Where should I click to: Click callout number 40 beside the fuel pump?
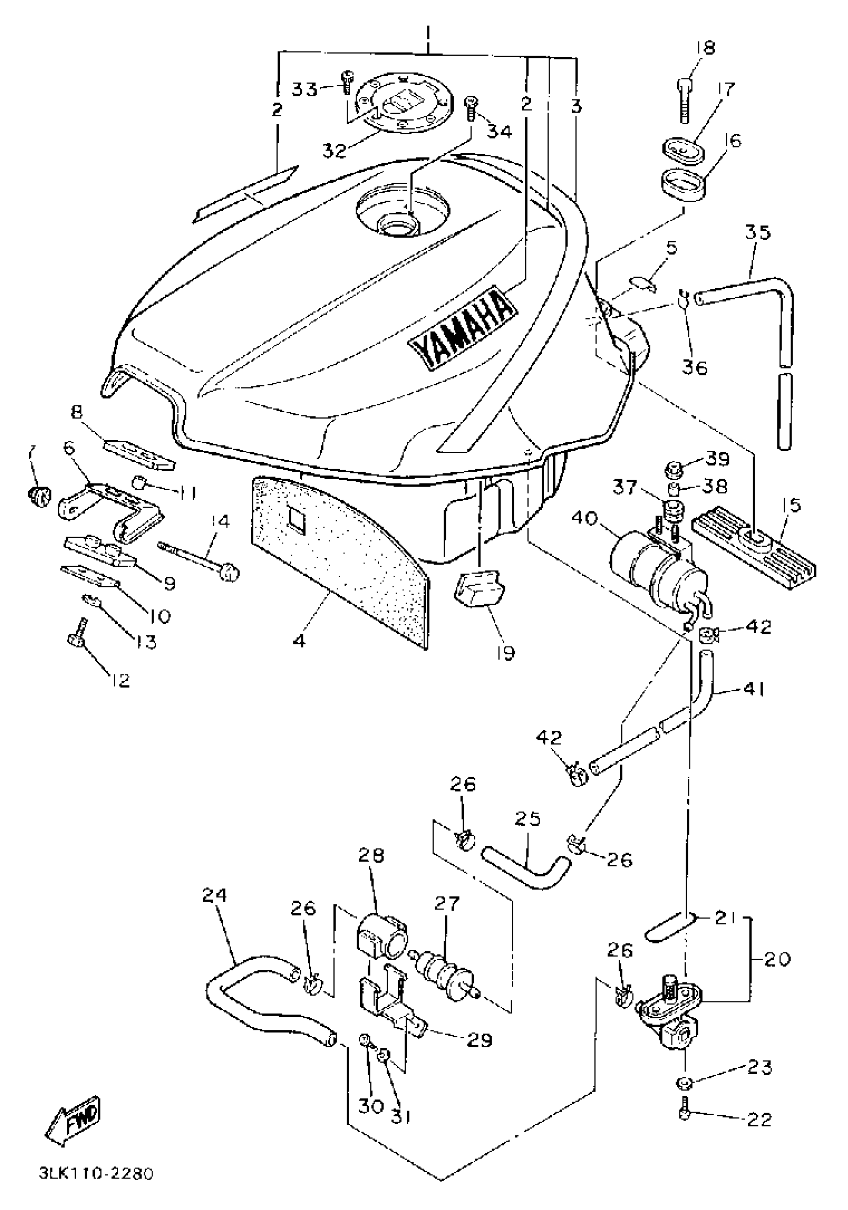pyautogui.click(x=584, y=519)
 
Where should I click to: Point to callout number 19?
pyautogui.click(x=505, y=653)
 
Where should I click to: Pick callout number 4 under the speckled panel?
pyautogui.click(x=299, y=642)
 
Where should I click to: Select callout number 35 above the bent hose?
pyautogui.click(x=757, y=233)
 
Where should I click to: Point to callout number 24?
pyautogui.click(x=214, y=896)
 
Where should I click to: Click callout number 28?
pyautogui.click(x=371, y=855)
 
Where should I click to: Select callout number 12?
pyautogui.click(x=121, y=680)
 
